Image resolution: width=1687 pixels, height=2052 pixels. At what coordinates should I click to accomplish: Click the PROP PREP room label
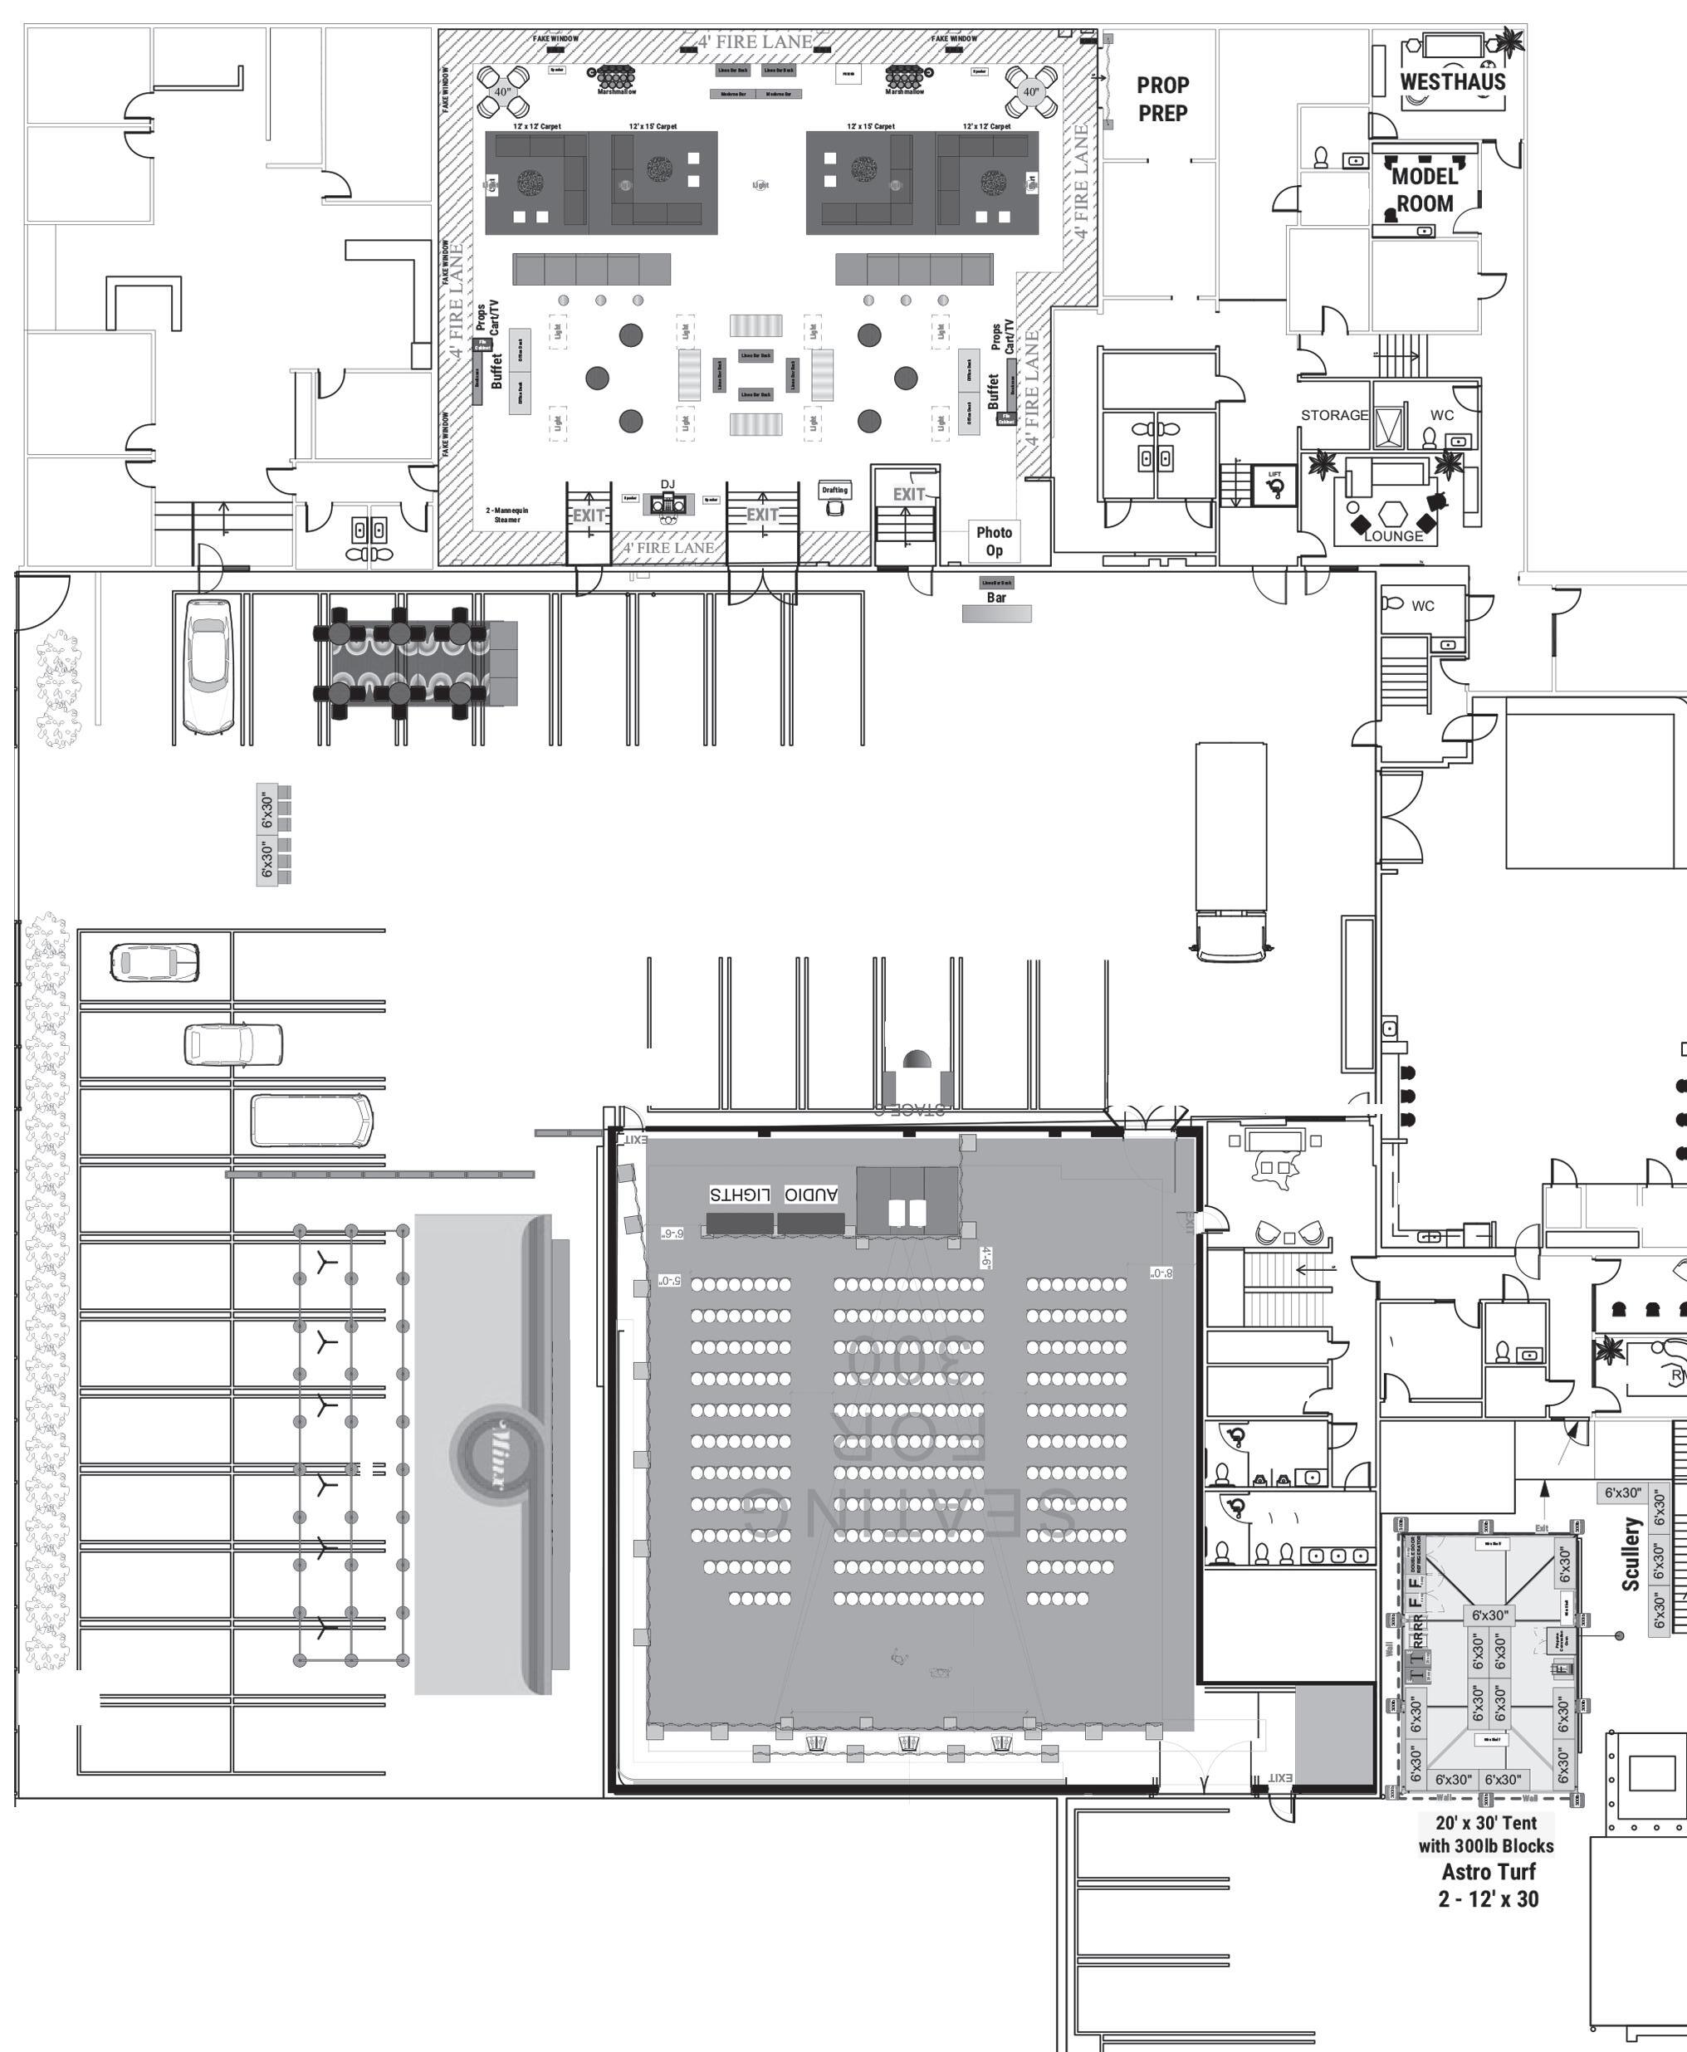tap(1162, 99)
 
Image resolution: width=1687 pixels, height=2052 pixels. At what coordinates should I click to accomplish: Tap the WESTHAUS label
tap(1452, 81)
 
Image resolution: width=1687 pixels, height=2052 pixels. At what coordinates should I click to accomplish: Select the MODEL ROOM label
tap(1425, 189)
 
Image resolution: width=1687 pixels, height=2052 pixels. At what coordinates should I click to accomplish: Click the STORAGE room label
tap(1334, 415)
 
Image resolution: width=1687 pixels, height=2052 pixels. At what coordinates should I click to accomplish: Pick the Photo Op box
tap(994, 541)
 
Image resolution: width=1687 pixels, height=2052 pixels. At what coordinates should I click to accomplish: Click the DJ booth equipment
tap(668, 504)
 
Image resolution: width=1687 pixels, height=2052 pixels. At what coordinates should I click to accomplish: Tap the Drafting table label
tap(834, 490)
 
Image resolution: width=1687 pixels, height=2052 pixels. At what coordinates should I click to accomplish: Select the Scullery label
tap(1631, 1554)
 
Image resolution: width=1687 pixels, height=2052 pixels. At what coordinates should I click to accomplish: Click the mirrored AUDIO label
tap(810, 1194)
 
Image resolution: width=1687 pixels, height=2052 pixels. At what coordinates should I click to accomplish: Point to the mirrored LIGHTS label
tap(740, 1194)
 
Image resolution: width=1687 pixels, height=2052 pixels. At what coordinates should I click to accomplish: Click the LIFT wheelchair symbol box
tap(1275, 485)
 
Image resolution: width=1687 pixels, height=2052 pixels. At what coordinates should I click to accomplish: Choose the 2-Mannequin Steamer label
tap(506, 515)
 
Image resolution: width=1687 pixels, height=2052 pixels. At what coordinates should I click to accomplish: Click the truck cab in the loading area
tap(1230, 935)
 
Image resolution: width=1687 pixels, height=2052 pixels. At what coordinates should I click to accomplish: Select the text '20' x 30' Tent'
tap(1486, 1823)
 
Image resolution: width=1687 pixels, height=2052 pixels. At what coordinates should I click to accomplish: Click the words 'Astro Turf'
tap(1488, 1871)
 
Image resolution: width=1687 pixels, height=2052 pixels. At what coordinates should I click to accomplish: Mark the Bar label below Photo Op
tap(996, 598)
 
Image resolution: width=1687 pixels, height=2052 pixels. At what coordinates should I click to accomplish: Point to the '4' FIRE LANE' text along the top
tap(755, 42)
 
